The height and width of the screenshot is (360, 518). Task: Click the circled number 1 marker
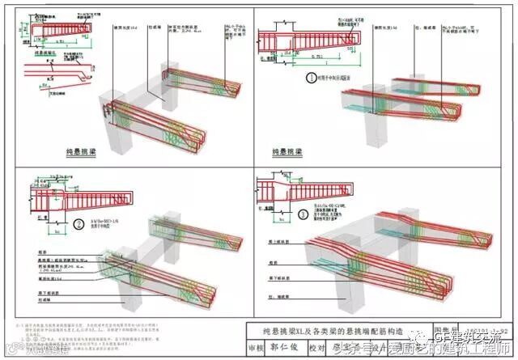tap(309, 78)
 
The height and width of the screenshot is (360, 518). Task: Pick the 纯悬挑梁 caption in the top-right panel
tap(297, 151)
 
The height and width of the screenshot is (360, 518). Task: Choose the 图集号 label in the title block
tap(468, 329)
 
